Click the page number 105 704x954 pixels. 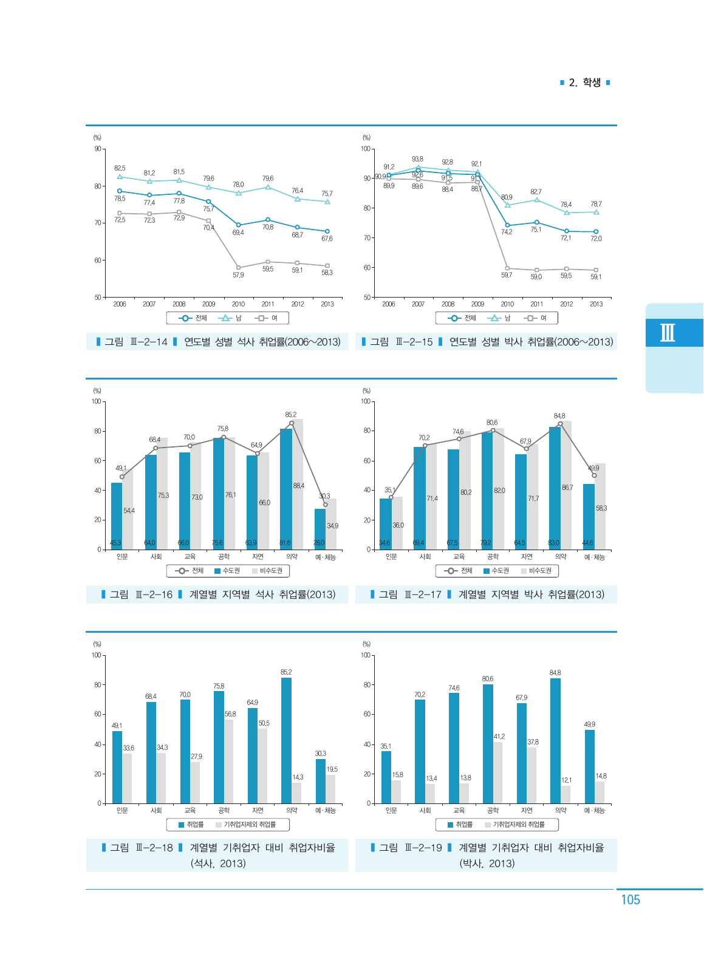[x=630, y=900]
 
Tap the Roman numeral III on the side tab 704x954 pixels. [x=668, y=333]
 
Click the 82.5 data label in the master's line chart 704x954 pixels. [x=120, y=168]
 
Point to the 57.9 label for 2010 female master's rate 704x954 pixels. [x=238, y=275]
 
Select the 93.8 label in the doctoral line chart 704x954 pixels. [x=417, y=159]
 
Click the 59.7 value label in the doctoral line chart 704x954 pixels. [x=507, y=275]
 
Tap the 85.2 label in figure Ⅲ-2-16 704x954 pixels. [x=291, y=415]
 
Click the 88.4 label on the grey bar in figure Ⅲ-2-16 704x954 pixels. [x=298, y=486]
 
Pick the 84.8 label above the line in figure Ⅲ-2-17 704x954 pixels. [x=559, y=416]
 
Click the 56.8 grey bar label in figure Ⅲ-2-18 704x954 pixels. [x=230, y=714]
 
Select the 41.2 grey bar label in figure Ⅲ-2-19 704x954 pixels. [x=499, y=737]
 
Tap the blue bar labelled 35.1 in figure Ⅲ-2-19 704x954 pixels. [x=386, y=777]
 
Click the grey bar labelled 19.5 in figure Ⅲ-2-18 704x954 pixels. [x=330, y=789]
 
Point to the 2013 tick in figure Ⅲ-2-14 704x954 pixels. [x=327, y=304]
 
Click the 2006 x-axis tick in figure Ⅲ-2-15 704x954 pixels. [x=389, y=304]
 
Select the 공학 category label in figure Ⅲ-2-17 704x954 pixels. [x=493, y=557]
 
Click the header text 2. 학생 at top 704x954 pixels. [x=584, y=83]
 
